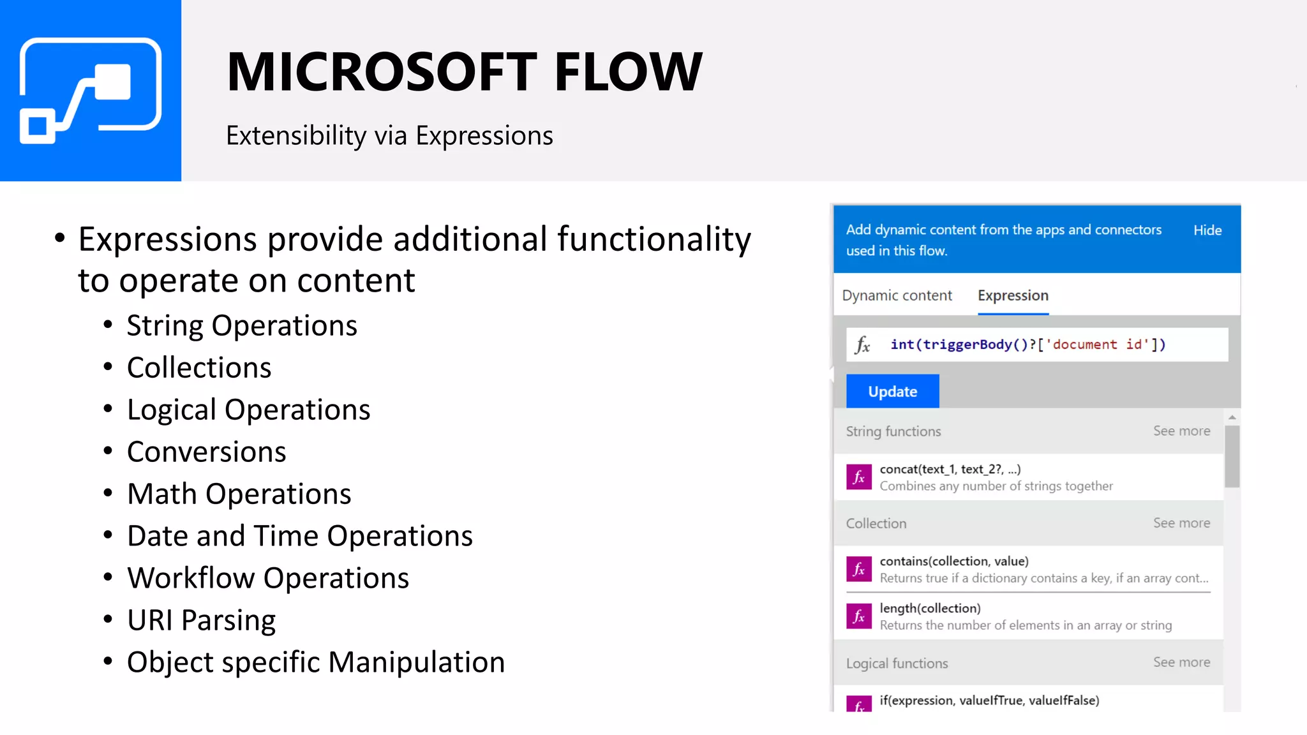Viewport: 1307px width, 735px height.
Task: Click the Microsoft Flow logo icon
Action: pyautogui.click(x=90, y=91)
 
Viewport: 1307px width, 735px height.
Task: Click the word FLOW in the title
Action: pyautogui.click(x=628, y=72)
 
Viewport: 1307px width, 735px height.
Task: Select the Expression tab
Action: pyautogui.click(x=1013, y=295)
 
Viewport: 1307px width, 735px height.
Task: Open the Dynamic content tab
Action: pyautogui.click(x=897, y=295)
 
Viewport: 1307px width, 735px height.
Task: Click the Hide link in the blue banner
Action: pyautogui.click(x=1207, y=230)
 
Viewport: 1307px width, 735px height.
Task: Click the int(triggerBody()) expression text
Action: pyautogui.click(x=1027, y=345)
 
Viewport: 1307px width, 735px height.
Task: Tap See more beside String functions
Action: pyautogui.click(x=1181, y=431)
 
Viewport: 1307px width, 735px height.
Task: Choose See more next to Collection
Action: pyautogui.click(x=1181, y=523)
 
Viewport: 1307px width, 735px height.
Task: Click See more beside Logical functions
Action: pyautogui.click(x=1181, y=662)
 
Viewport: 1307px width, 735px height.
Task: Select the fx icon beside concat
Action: pyautogui.click(x=859, y=477)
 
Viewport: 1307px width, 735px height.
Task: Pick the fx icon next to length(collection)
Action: pyautogui.click(x=859, y=616)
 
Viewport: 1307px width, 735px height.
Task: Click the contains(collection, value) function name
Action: pyautogui.click(x=954, y=561)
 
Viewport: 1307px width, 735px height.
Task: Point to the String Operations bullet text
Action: pyautogui.click(x=242, y=325)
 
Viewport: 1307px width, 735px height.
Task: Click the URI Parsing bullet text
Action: pyautogui.click(x=201, y=620)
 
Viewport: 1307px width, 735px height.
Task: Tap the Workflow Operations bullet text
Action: pyautogui.click(x=268, y=578)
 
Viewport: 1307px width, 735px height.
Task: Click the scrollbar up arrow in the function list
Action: pyautogui.click(x=1232, y=417)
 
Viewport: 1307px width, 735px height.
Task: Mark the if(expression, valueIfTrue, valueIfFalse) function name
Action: pyautogui.click(x=989, y=700)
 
